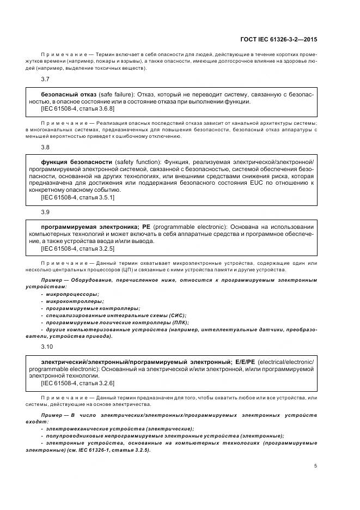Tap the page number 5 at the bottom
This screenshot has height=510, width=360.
(x=316, y=465)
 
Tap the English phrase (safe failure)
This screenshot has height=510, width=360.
(x=118, y=94)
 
